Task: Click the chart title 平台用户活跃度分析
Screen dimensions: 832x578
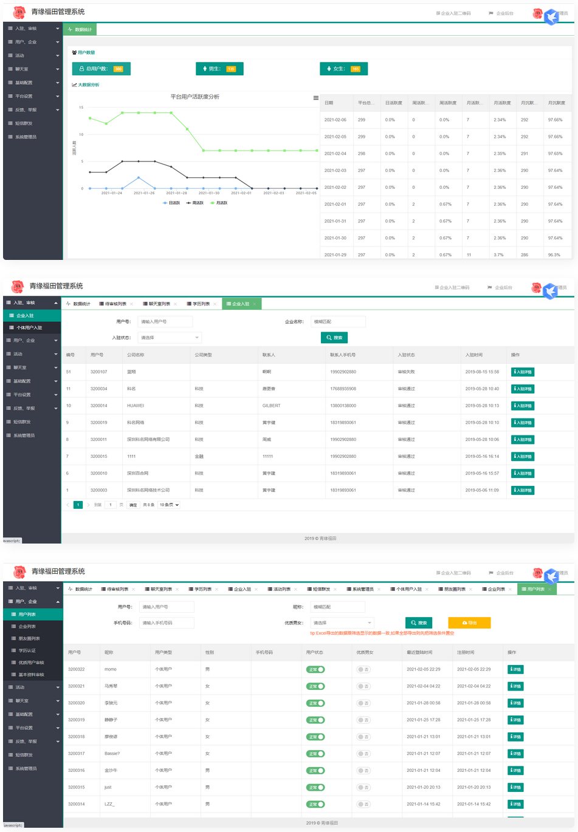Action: (194, 97)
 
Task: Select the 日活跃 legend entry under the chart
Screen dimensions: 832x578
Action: (171, 203)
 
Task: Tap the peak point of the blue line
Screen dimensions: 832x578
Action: (139, 177)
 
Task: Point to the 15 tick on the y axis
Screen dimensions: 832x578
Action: (81, 107)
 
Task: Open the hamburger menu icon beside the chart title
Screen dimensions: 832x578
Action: (315, 98)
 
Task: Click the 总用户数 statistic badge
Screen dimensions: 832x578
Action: (101, 69)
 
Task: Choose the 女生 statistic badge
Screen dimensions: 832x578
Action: (343, 69)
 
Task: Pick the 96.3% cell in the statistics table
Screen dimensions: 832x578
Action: (554, 255)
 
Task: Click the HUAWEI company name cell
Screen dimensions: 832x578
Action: (136, 406)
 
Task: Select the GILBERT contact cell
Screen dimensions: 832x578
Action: (271, 406)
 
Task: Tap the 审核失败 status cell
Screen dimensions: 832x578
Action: (406, 372)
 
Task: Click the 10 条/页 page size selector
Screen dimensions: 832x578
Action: (169, 505)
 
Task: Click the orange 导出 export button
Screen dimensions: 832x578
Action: (469, 622)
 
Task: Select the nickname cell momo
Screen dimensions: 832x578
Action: (111, 669)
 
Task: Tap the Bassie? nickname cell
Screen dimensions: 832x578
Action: (112, 754)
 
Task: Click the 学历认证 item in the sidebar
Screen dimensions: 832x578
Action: (27, 650)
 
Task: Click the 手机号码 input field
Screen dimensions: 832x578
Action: (166, 622)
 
